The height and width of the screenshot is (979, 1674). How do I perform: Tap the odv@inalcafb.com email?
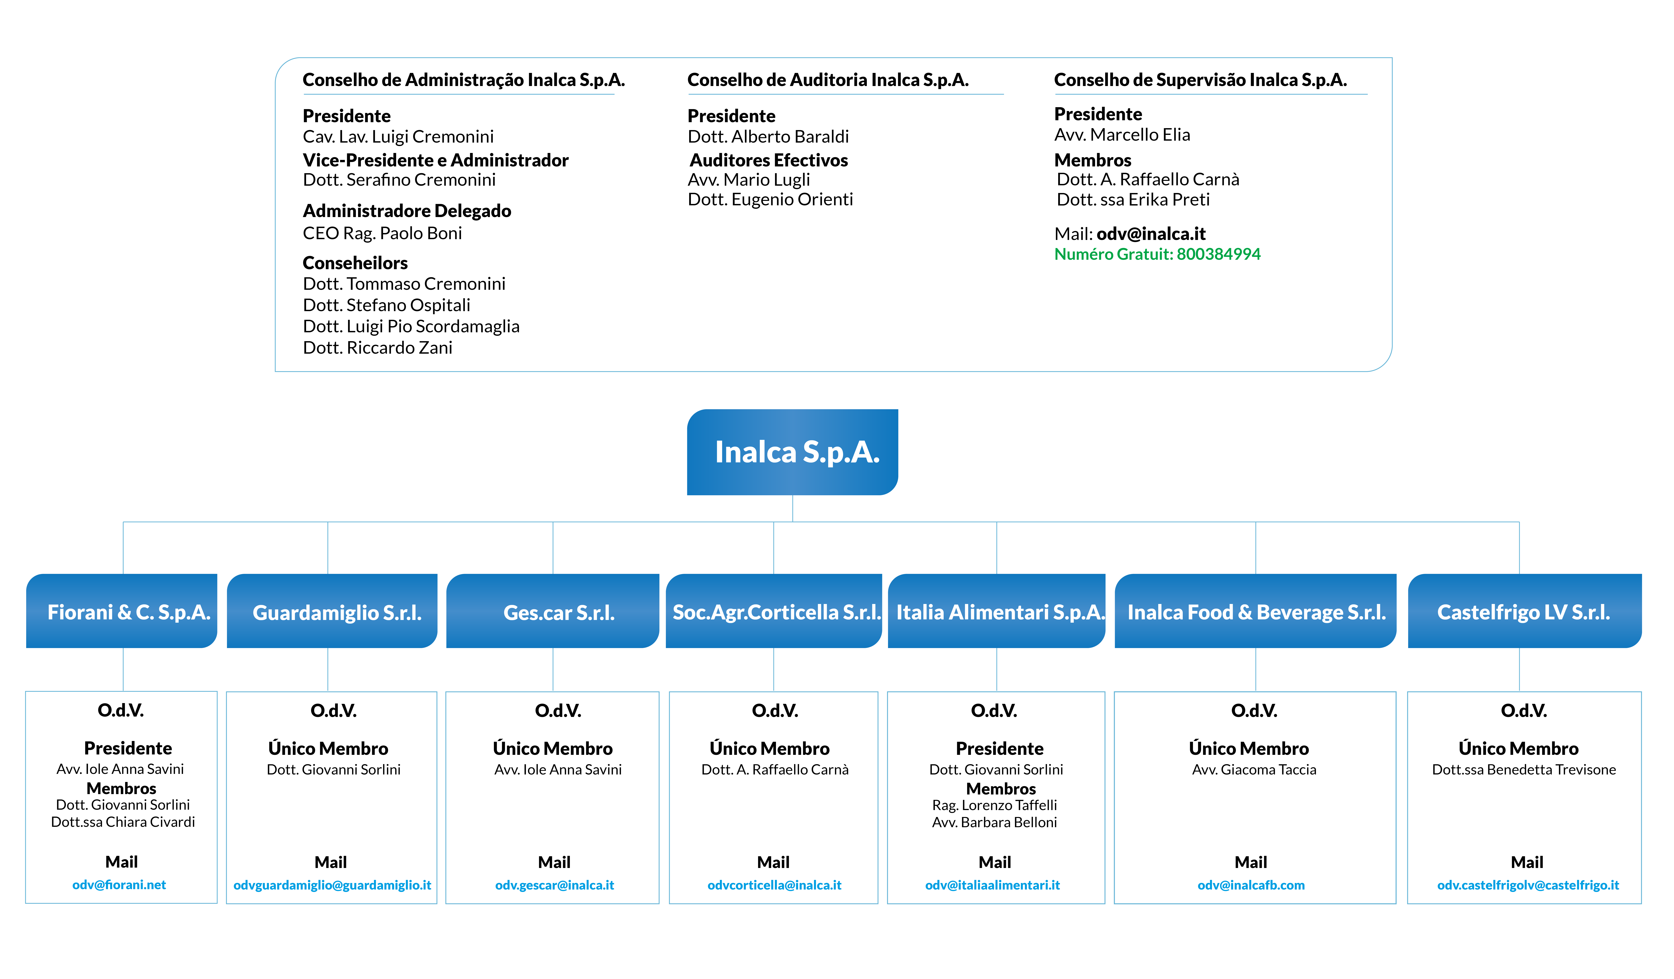1251,885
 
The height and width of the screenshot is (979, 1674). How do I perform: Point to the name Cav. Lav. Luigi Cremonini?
398,137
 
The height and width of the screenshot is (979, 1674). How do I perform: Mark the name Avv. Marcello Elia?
1122,135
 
